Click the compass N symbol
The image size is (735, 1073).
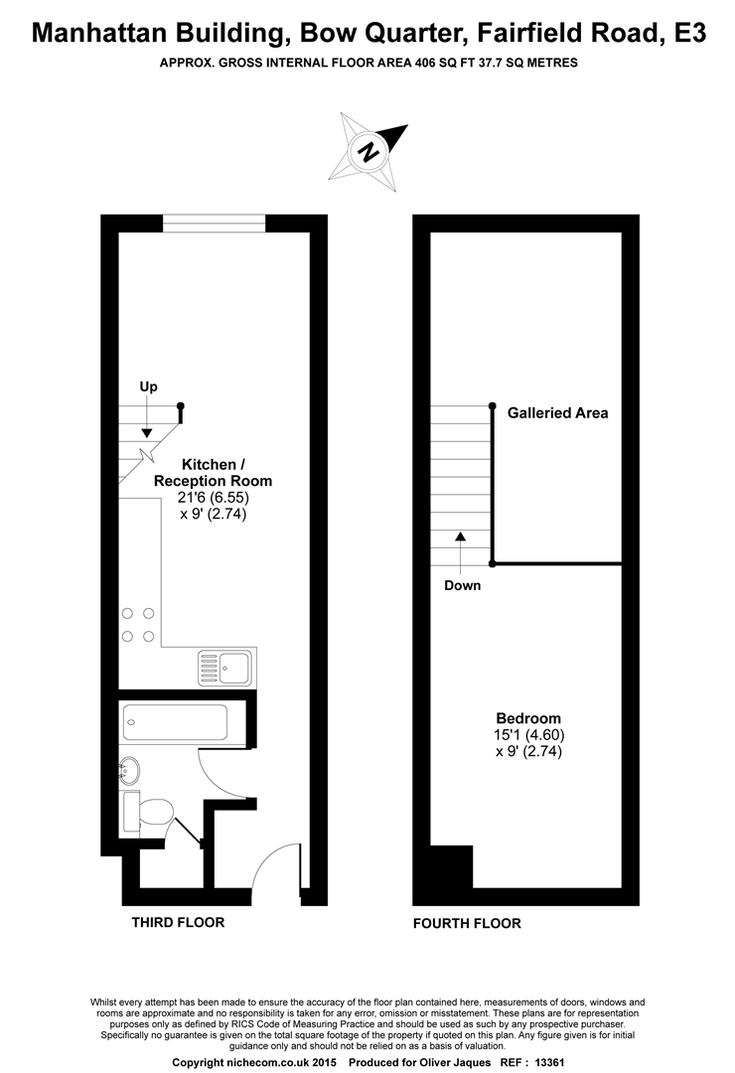(x=369, y=151)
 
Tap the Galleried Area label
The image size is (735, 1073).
(x=557, y=412)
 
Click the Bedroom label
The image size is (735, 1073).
(x=528, y=718)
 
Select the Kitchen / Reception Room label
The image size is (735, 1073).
(x=213, y=472)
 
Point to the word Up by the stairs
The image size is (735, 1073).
(x=149, y=386)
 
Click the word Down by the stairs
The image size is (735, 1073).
(x=463, y=585)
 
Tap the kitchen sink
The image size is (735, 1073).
(x=225, y=668)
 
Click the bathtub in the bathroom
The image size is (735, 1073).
(x=175, y=722)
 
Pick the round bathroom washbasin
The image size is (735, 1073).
(x=130, y=771)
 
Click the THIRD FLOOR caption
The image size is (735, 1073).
(x=178, y=922)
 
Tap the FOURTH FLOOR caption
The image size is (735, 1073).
(x=467, y=923)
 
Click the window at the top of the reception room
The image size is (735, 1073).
(x=215, y=224)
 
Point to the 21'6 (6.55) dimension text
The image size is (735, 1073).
(x=213, y=498)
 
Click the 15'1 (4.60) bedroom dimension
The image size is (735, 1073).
(x=528, y=735)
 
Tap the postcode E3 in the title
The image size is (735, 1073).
(x=688, y=32)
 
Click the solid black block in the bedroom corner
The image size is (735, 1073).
(x=452, y=866)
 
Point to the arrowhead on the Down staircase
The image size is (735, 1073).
(x=461, y=536)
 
